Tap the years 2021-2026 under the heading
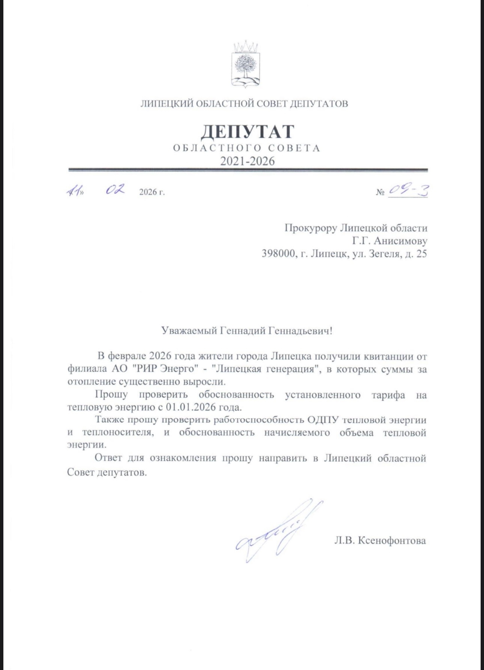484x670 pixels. click(247, 161)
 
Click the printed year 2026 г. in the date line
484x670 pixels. click(152, 192)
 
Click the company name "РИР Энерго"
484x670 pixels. click(165, 369)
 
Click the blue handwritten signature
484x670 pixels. click(278, 533)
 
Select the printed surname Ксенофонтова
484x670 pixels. click(392, 541)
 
